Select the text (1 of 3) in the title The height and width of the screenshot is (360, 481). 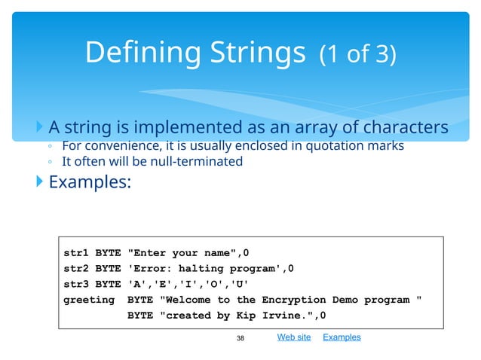click(x=357, y=55)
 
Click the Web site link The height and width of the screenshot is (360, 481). click(x=294, y=337)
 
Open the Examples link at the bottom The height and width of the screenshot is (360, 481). click(x=342, y=337)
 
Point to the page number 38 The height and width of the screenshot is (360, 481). click(x=241, y=338)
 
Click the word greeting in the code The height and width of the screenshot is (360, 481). click(x=89, y=300)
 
